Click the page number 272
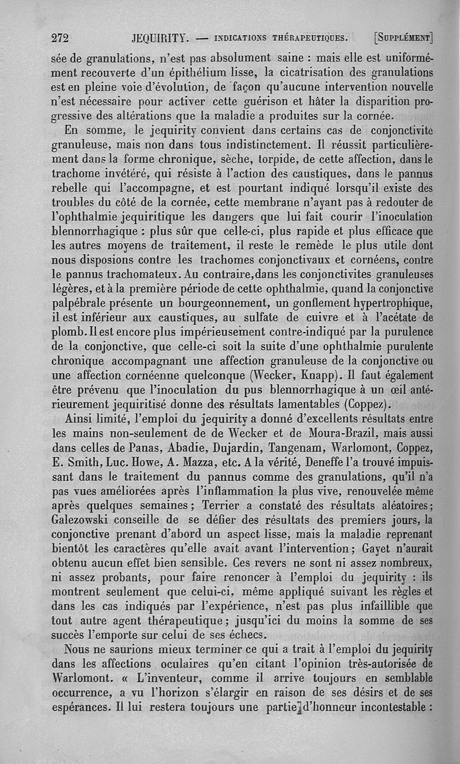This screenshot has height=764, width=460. point(60,39)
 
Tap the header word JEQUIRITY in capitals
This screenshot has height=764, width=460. point(161,39)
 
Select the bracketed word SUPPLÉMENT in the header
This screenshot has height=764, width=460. point(403,39)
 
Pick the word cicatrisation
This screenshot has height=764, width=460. point(310,72)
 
